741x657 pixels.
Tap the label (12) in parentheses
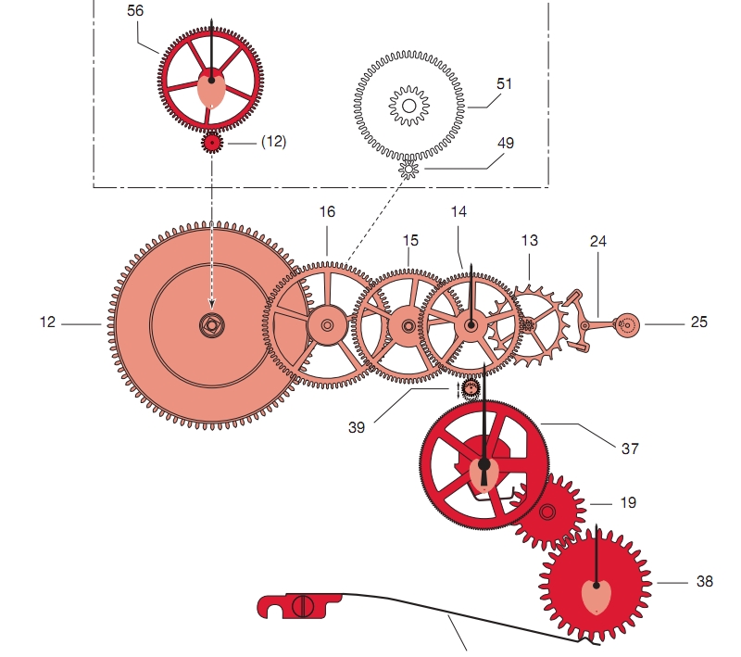tap(273, 142)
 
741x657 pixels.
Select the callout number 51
tap(504, 84)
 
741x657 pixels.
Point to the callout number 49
tap(506, 143)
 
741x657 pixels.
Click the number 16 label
tap(327, 211)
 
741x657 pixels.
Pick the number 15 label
tap(410, 240)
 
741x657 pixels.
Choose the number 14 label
tap(458, 211)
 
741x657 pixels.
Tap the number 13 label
tap(529, 240)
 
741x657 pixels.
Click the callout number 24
tap(598, 240)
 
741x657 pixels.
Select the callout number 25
tap(698, 322)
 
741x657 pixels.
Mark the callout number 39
tap(358, 427)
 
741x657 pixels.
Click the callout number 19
tap(628, 502)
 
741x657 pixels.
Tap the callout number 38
tap(705, 582)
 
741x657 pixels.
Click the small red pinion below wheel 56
tap(212, 143)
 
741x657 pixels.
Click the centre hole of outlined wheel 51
tap(408, 107)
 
